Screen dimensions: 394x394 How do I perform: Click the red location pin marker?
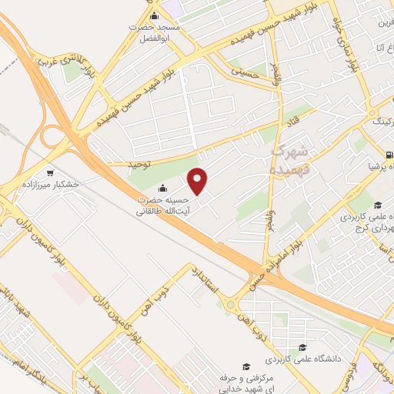pyautogui.click(x=199, y=181)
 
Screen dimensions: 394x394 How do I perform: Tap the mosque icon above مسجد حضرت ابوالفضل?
pyautogui.click(x=154, y=16)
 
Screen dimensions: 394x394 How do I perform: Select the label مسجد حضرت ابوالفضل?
pyautogui.click(x=154, y=32)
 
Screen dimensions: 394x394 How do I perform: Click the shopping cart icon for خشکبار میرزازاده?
pyautogui.click(x=51, y=172)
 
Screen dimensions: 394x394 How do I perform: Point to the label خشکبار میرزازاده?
pyautogui.click(x=51, y=185)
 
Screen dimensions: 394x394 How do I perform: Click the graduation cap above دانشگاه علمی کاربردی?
pyautogui.click(x=303, y=348)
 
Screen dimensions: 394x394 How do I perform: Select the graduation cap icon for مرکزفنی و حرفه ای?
pyautogui.click(x=245, y=366)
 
